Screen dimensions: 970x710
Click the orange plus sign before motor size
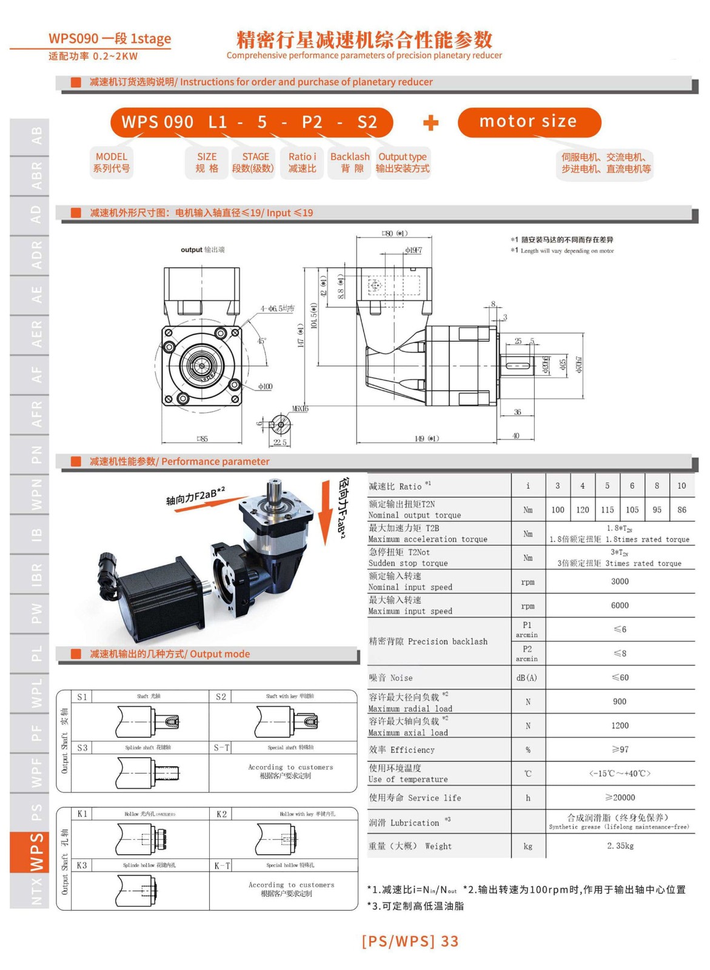tap(430, 123)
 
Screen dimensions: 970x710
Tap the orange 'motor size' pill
tap(529, 122)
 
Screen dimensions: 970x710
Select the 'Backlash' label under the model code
tap(349, 162)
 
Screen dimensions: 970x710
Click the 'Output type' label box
tap(403, 162)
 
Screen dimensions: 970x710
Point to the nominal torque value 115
tap(608, 510)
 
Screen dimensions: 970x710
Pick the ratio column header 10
tap(682, 486)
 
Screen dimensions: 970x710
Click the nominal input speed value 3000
tap(620, 581)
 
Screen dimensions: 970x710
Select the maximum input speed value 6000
tap(620, 606)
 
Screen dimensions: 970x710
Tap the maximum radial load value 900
tap(620, 701)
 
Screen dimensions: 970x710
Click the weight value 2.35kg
tap(620, 846)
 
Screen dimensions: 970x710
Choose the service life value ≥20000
tap(620, 798)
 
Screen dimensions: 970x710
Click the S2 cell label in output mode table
tap(221, 697)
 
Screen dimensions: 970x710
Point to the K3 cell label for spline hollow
tap(82, 865)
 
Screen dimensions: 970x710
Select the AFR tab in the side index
tap(37, 414)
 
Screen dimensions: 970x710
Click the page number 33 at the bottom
tap(450, 941)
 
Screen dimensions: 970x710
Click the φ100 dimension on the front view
tap(265, 386)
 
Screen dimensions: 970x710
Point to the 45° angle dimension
tap(261, 341)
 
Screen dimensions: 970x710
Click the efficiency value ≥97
tap(620, 750)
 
